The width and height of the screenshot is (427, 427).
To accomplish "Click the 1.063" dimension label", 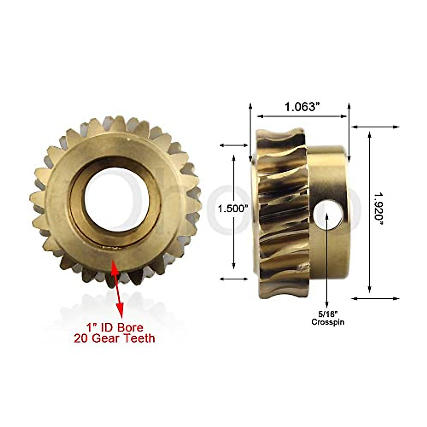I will pyautogui.click(x=300, y=106).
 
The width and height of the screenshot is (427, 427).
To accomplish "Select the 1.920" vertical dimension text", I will pyautogui.click(x=379, y=209).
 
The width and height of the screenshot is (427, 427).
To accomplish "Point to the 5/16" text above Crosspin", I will pyautogui.click(x=328, y=314).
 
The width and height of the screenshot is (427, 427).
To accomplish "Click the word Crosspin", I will pyautogui.click(x=328, y=322).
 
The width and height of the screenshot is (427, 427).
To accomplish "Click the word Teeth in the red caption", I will pyautogui.click(x=140, y=338).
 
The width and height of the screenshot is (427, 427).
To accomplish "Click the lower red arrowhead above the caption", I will pyautogui.click(x=120, y=311).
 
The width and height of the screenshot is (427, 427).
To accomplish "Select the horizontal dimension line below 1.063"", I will pyautogui.click(x=302, y=116).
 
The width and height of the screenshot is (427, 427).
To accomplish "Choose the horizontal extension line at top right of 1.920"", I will pyautogui.click(x=375, y=127).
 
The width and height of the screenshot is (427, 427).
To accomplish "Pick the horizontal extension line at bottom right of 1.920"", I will pyautogui.click(x=375, y=299).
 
